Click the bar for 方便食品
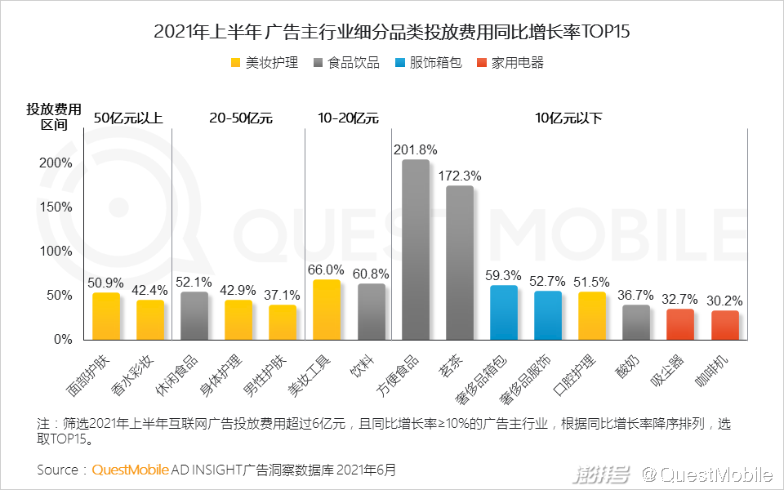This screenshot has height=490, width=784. click(416, 249)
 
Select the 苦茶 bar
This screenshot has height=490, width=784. click(460, 262)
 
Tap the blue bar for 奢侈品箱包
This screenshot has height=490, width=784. click(504, 312)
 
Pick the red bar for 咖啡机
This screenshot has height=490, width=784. click(724, 325)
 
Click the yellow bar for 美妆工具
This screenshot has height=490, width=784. click(327, 310)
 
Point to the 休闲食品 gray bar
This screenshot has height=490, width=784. click(194, 315)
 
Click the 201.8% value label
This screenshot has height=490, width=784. click(416, 150)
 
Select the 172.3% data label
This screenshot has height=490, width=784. click(460, 176)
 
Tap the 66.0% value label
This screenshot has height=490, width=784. click(327, 269)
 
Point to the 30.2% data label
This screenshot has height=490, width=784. click(724, 300)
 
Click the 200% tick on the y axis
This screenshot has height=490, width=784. click(56, 163)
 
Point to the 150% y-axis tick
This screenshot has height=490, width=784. click(56, 207)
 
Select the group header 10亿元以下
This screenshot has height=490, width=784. click(568, 118)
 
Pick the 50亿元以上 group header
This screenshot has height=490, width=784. click(128, 118)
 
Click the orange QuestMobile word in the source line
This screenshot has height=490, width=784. click(131, 470)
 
